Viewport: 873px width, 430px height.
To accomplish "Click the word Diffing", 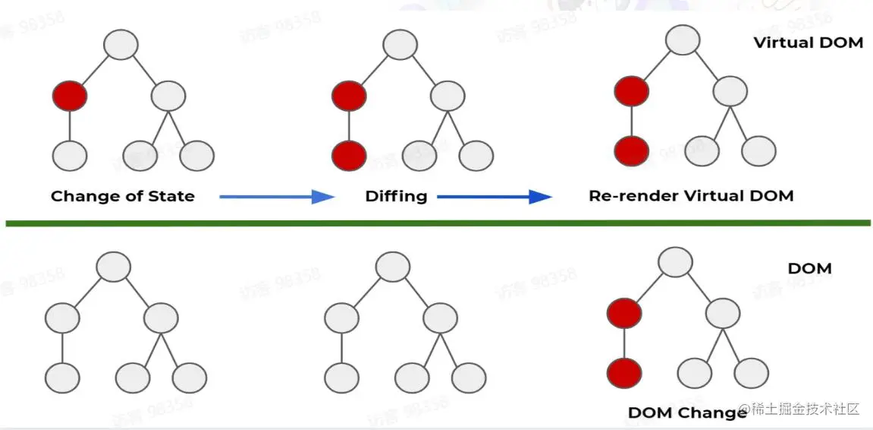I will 396,196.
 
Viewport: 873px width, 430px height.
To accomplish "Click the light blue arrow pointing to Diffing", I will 277,197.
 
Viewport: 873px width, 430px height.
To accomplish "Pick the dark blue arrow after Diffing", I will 494,197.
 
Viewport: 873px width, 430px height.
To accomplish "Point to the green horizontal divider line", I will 436,223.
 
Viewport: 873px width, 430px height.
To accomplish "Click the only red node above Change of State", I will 70,96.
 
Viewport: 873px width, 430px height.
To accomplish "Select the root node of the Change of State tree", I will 121,45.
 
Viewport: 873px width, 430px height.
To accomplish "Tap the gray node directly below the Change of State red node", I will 70,155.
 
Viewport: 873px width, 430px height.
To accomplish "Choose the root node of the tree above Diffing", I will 400,45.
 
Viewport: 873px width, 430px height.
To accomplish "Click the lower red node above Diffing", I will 349,155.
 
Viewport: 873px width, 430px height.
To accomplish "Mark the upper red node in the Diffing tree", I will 349,96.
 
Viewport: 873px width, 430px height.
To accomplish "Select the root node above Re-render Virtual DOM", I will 683,40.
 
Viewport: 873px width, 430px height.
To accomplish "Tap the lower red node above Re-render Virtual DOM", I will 632,150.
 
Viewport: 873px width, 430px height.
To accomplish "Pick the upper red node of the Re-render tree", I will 632,91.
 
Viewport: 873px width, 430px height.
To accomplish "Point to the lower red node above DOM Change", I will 624,373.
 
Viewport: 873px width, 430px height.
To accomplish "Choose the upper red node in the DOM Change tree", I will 624,312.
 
